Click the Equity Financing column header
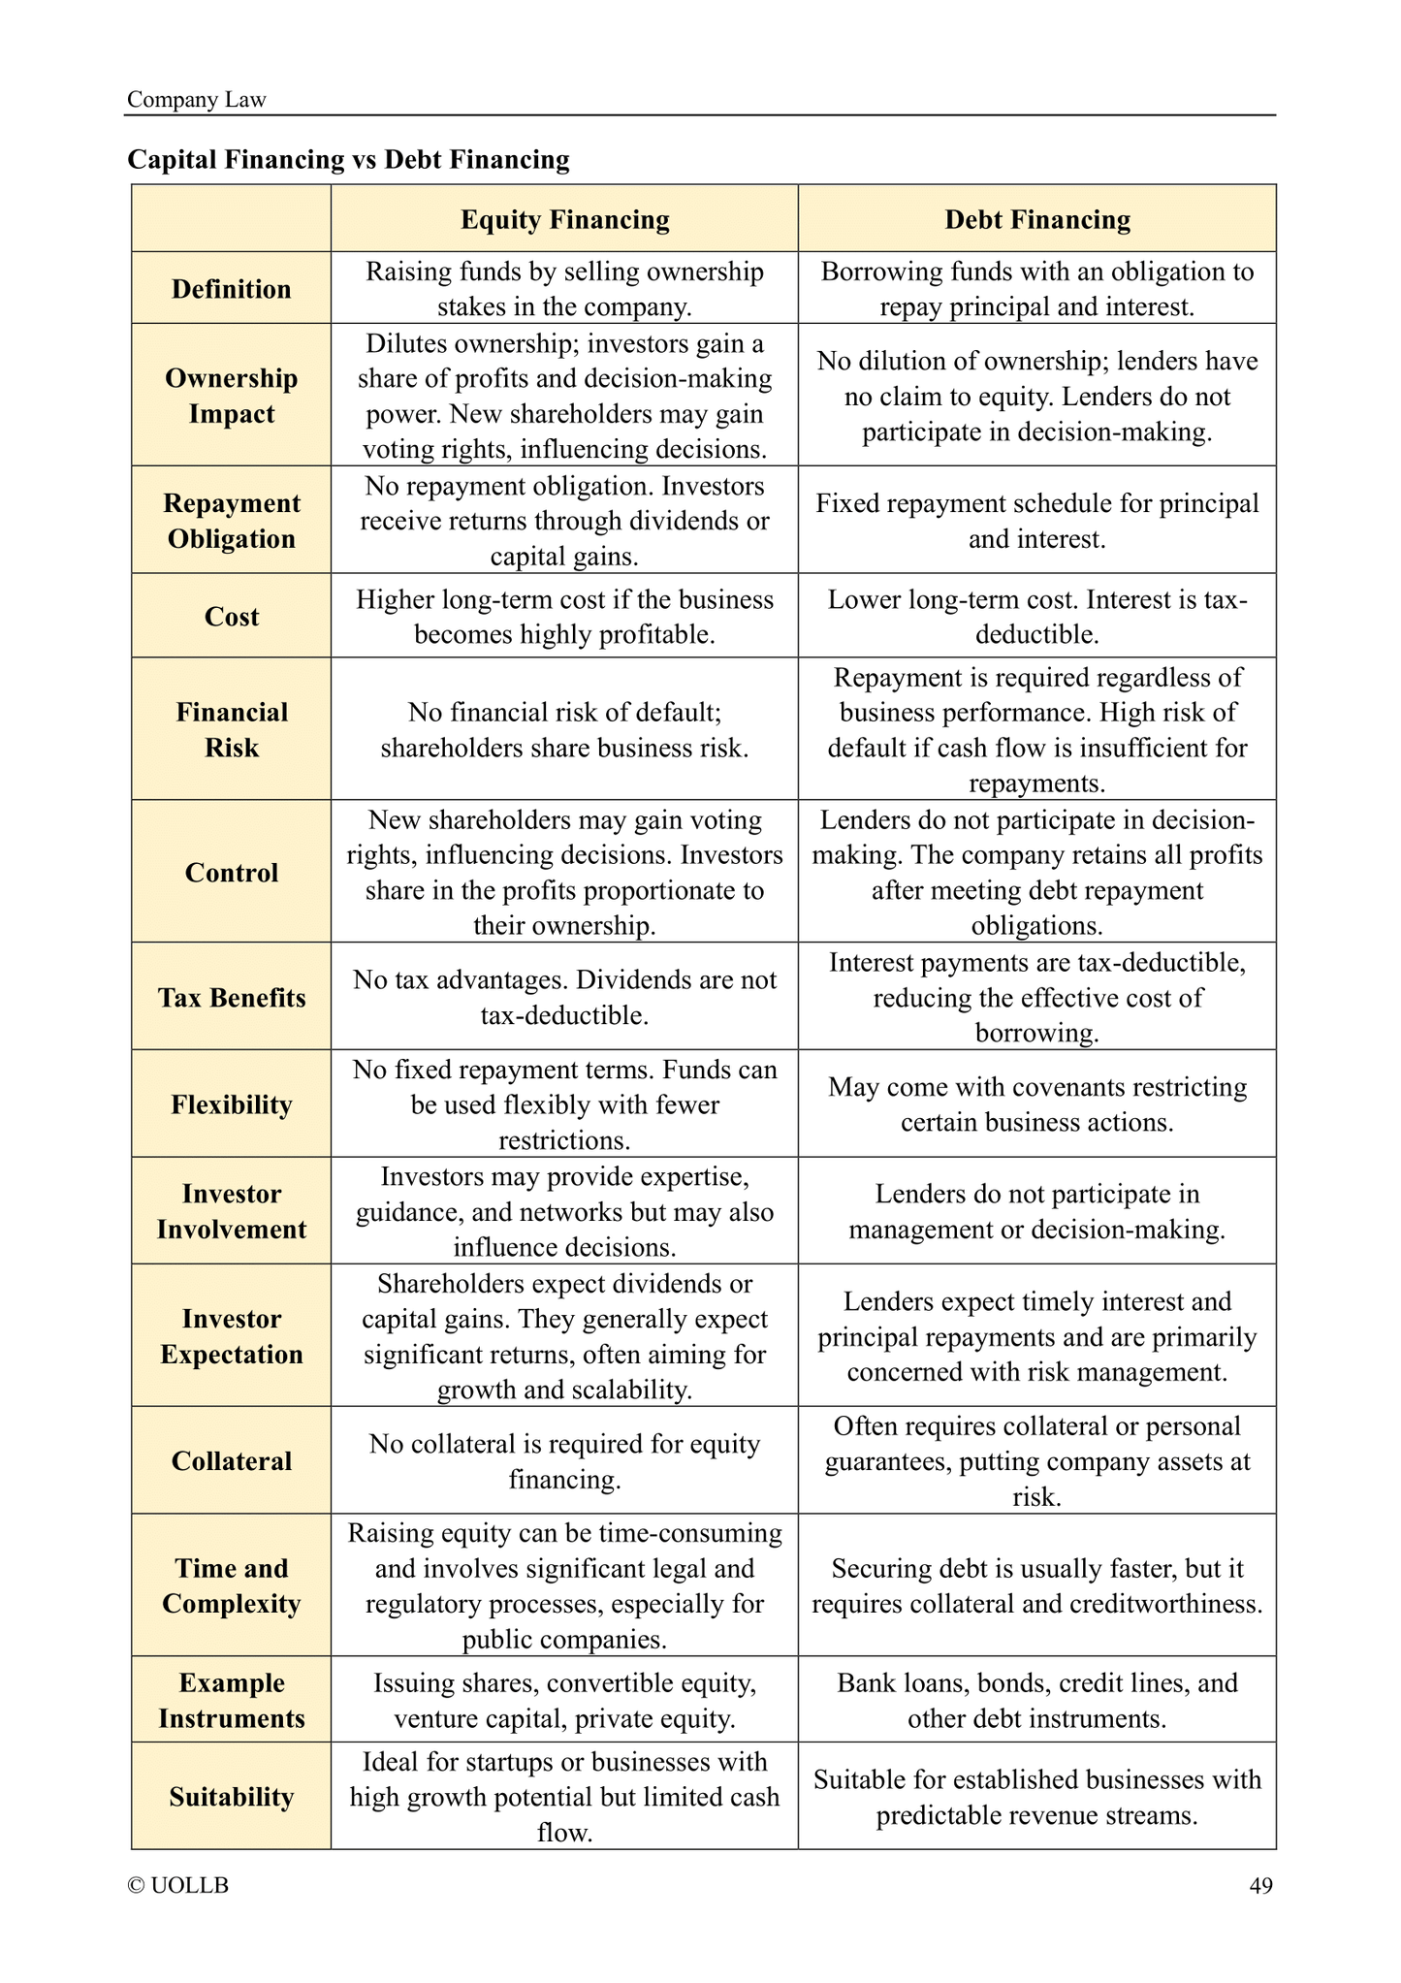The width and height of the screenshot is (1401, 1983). (x=564, y=220)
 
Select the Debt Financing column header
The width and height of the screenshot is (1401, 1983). (x=1036, y=220)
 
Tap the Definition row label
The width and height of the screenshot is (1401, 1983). (x=231, y=289)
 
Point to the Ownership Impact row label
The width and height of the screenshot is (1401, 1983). (x=231, y=396)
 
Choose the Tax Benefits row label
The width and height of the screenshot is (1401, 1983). (x=231, y=998)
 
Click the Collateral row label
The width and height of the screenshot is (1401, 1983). (x=231, y=1461)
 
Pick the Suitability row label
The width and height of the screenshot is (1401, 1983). (x=231, y=1797)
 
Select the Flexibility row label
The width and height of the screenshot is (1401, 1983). (x=231, y=1104)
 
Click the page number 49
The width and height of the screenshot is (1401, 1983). (x=1260, y=1885)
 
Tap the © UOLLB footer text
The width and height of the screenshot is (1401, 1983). (x=178, y=1885)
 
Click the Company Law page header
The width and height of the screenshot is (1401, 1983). (x=197, y=100)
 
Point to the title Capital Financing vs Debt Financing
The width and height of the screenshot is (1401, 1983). (x=348, y=159)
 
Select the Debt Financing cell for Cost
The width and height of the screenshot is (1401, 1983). (x=1036, y=617)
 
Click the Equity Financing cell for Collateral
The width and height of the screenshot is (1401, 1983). (x=564, y=1461)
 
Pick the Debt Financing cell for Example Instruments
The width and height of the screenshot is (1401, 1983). (x=1036, y=1701)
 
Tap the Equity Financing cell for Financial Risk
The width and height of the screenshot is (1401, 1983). (x=564, y=730)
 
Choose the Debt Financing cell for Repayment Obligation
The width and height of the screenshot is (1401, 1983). (x=1036, y=521)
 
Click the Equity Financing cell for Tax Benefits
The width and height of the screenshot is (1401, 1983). (x=564, y=998)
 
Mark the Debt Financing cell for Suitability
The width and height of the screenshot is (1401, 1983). (x=1036, y=1797)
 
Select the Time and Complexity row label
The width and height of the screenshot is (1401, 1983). (x=231, y=1585)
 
